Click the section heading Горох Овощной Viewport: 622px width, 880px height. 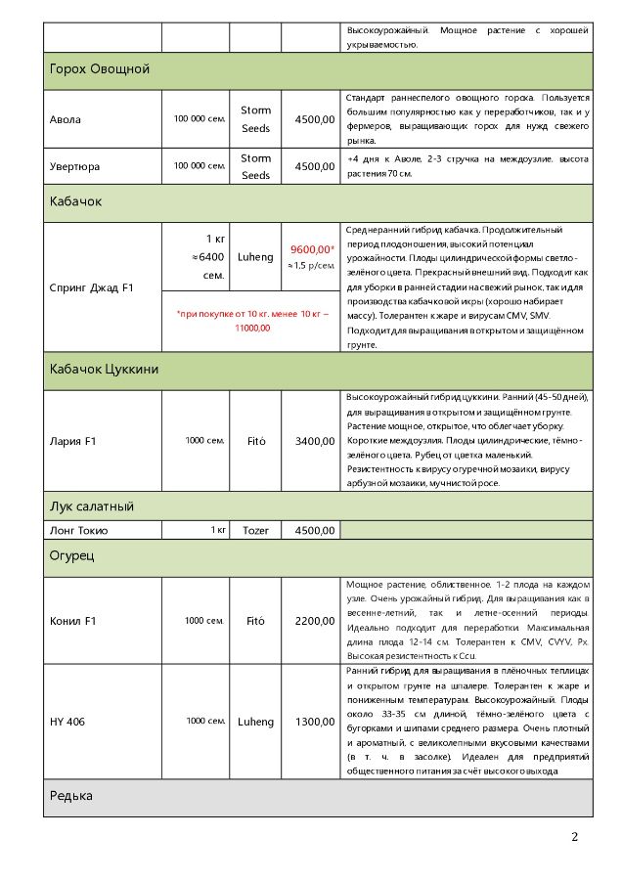[99, 69]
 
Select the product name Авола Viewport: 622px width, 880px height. [66, 119]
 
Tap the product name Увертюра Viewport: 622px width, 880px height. [74, 166]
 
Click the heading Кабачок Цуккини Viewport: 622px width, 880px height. [104, 369]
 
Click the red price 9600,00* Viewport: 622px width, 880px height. [312, 249]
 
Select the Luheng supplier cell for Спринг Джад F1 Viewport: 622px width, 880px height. [255, 256]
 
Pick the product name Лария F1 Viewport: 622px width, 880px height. [71, 441]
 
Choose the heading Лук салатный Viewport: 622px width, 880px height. [91, 506]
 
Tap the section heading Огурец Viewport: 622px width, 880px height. [71, 555]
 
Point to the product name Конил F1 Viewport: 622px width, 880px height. [73, 621]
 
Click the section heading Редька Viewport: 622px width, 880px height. [71, 796]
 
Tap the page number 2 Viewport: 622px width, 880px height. [575, 837]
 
